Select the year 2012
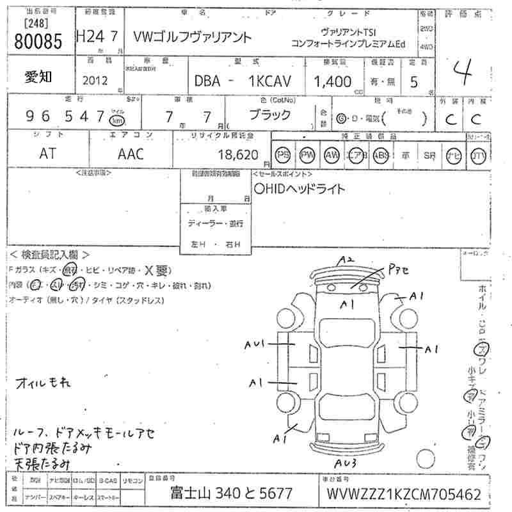tap(95, 81)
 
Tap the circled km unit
tap(116, 120)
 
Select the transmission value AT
tap(47, 154)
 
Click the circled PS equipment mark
tap(282, 155)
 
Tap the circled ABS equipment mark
tap(381, 155)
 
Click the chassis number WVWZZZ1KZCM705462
tap(403, 494)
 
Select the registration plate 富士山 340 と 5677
tap(231, 494)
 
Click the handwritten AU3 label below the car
tap(346, 463)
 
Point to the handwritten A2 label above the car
tap(347, 260)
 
